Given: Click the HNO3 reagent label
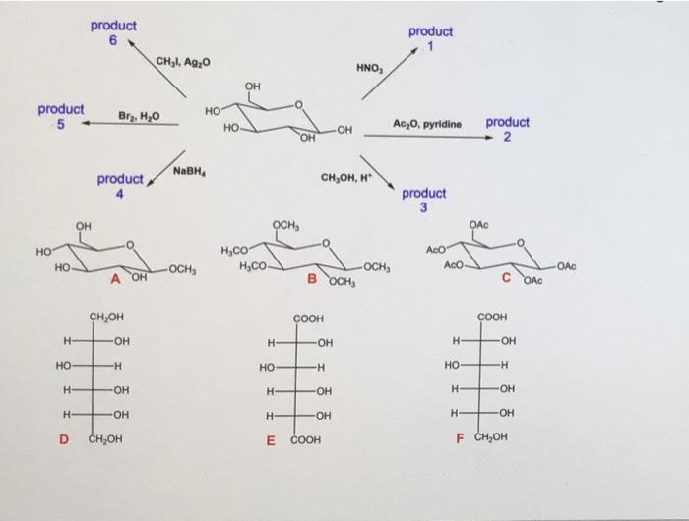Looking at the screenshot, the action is (369, 68).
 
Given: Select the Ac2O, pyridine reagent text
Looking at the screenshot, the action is (427, 124).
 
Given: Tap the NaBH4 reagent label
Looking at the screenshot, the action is (190, 171).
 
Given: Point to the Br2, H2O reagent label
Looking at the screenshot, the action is (139, 116).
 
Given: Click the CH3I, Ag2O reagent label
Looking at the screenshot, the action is (183, 62).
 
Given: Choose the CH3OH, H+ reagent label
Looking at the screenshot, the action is (346, 177).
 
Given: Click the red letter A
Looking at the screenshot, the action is (115, 279).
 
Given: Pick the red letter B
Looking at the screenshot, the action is (312, 279).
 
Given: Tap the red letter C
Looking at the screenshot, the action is (506, 277).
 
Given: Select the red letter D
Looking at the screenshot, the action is (64, 439).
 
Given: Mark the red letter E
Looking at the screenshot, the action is (271, 440).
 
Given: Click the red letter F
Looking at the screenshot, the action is (460, 438).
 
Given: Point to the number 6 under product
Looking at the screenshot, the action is (113, 41).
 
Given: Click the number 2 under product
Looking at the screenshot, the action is (507, 137).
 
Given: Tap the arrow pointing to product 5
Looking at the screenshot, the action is (130, 123).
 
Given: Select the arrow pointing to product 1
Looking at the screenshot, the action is (390, 74).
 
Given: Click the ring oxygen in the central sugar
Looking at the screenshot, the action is (299, 105).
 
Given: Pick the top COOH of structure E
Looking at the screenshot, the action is (308, 318).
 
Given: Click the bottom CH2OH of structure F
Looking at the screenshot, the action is (491, 436).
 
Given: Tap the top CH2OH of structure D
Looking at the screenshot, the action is (106, 317).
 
